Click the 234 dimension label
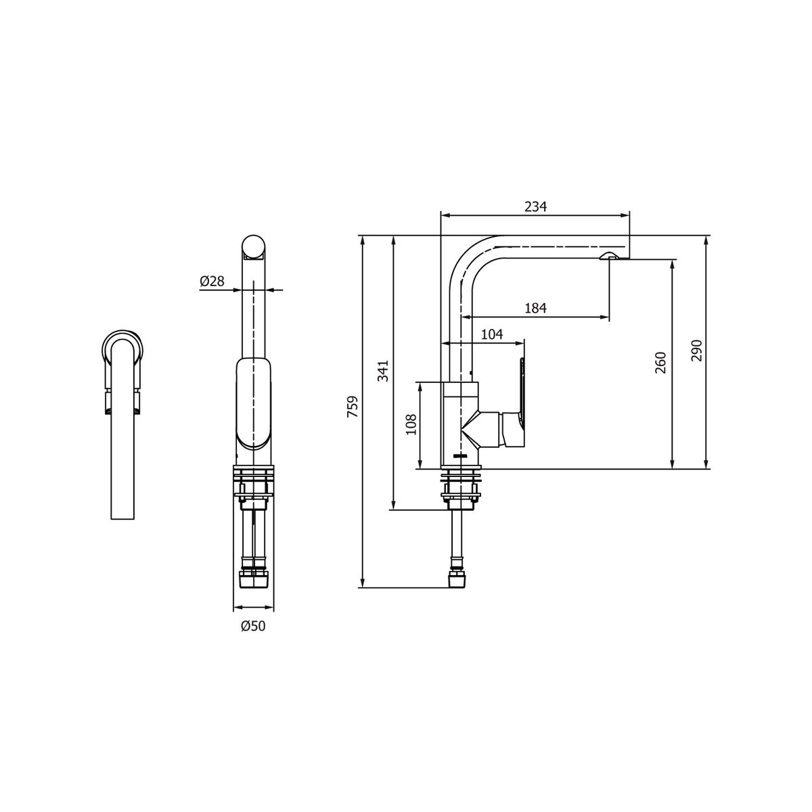535,207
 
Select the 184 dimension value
535,308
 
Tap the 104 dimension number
492,334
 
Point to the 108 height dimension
411,426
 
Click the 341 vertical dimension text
383,371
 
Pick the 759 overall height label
353,406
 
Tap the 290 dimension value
698,351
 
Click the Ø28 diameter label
212,281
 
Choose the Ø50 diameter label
253,626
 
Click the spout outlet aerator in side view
608,255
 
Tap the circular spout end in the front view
254,248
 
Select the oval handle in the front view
254,404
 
